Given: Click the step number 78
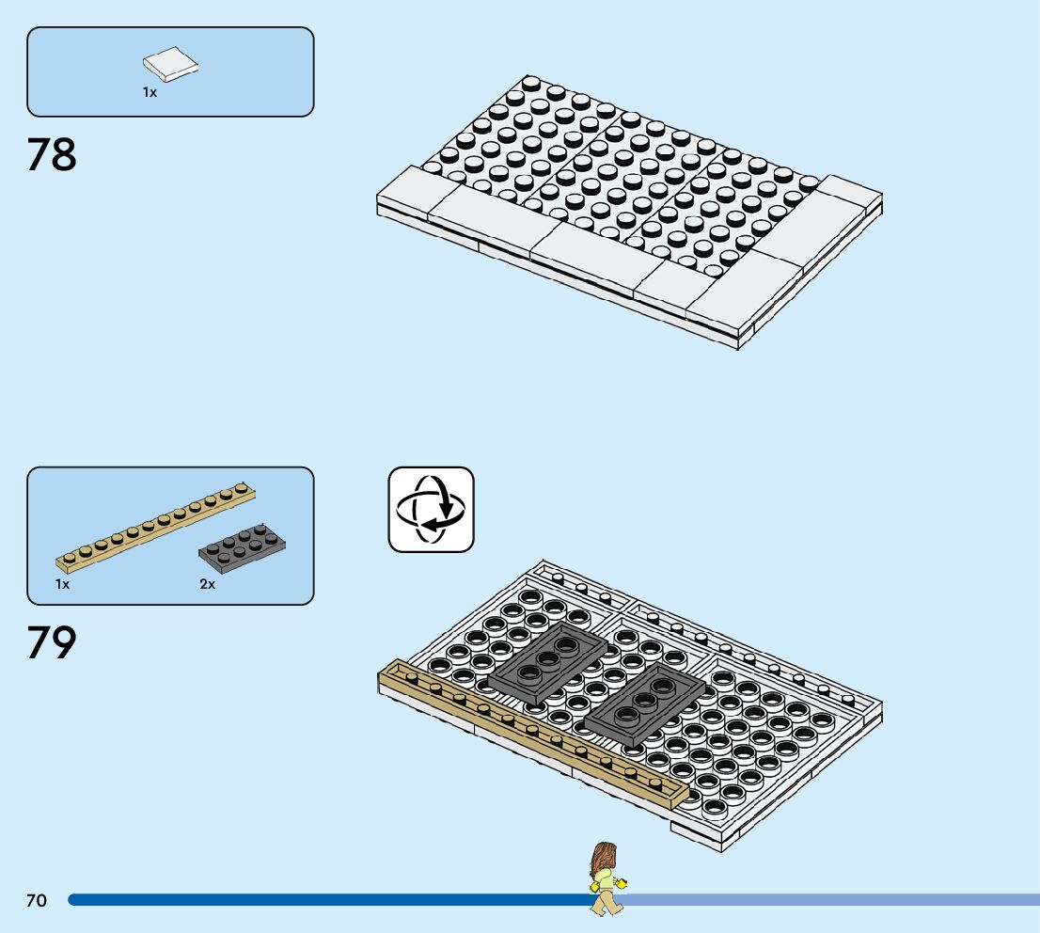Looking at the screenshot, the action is click(52, 155).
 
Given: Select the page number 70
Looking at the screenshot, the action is click(36, 901).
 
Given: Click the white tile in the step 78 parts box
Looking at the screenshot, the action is click(171, 64).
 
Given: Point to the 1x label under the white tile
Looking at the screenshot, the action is click(150, 92).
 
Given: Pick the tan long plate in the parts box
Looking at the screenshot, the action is click(156, 528).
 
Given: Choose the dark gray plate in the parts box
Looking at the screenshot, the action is click(243, 548).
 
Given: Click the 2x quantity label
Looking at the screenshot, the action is click(207, 584).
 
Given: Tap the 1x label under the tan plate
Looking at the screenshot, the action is click(62, 584).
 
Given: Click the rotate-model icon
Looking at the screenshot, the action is click(431, 509).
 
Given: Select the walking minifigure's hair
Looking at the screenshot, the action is click(602, 858).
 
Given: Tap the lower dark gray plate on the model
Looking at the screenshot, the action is click(644, 707).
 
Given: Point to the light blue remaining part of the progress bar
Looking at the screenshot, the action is click(827, 900).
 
